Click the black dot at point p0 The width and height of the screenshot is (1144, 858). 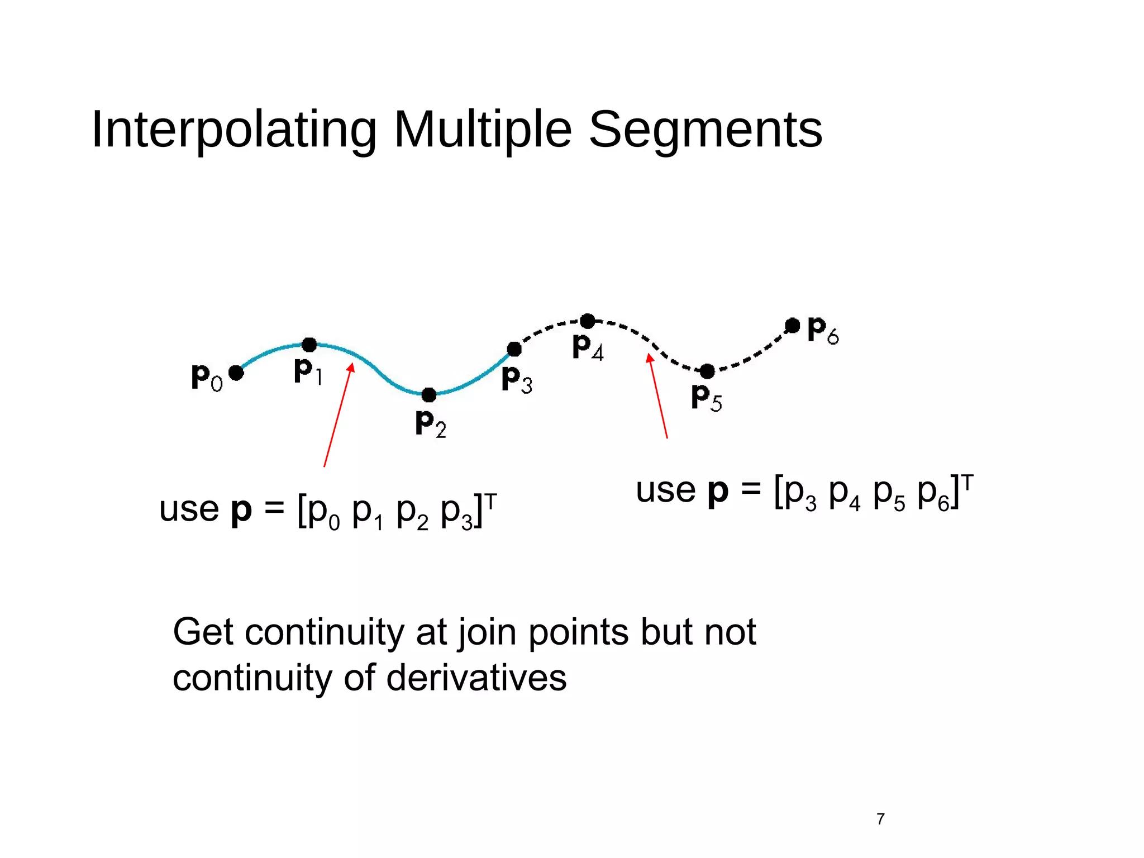[x=236, y=373]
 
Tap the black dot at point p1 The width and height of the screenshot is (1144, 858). [x=309, y=345]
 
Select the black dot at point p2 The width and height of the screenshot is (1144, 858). [x=428, y=395]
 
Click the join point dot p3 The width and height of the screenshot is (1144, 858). [x=514, y=350]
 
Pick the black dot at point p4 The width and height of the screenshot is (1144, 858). [x=588, y=321]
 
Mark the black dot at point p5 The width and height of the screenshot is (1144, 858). [x=707, y=371]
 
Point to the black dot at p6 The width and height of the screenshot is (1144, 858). [x=792, y=326]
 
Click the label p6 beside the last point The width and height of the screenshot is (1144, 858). [x=823, y=331]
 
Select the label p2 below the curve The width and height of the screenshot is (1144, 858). [x=431, y=424]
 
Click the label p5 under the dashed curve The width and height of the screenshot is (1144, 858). [x=706, y=398]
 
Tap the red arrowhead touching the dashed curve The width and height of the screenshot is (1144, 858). [x=650, y=358]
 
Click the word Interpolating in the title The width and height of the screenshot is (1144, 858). [x=234, y=130]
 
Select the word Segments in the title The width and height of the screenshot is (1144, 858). [x=705, y=130]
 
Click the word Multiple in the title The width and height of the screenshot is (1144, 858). [x=483, y=130]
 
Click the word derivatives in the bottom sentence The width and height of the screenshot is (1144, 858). [x=476, y=678]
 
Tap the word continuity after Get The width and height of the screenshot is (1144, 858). [x=324, y=632]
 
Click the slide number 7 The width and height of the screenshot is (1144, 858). [x=880, y=819]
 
